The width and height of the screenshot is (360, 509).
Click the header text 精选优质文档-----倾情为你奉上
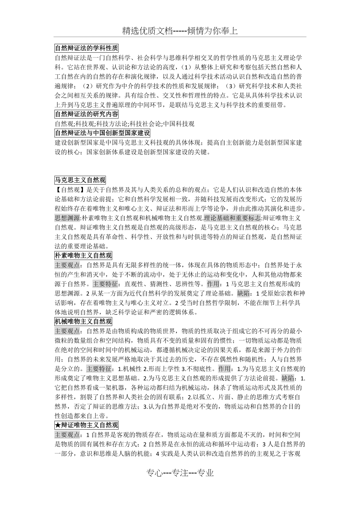pos(180,31)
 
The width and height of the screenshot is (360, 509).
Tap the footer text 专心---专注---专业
pos(180,473)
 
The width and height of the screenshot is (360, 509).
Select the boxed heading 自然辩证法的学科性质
pos(86,48)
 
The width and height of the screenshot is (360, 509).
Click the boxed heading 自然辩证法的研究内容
pos(86,115)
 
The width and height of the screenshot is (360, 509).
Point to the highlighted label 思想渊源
pos(67,218)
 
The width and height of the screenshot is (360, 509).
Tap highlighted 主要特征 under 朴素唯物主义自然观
pos(105,284)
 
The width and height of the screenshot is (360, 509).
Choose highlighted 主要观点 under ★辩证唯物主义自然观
pos(67,435)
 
